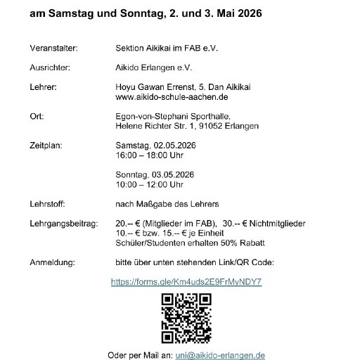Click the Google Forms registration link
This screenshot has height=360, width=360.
[x=187, y=281]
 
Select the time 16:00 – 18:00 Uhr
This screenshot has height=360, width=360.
[x=150, y=155]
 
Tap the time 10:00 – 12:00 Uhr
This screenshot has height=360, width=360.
[x=150, y=184]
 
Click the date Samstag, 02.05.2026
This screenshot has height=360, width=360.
[x=152, y=146]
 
